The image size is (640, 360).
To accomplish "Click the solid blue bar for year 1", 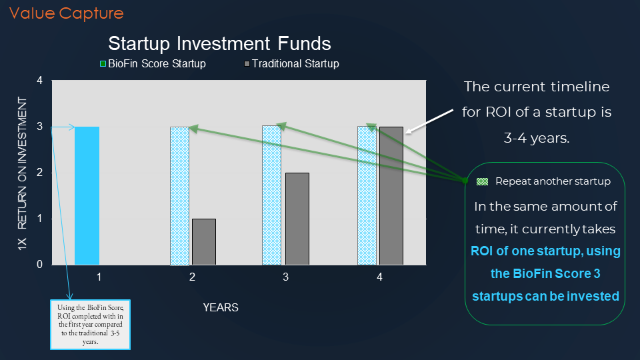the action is coord(87,195).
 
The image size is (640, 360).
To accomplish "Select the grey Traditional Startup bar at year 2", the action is coord(204,241).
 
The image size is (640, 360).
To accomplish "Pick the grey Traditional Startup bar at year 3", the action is coord(297,219).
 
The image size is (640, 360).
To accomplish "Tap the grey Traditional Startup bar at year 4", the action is coord(391,195).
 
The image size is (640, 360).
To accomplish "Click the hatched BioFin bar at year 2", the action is coord(179,196).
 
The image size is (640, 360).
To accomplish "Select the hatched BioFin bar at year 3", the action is coord(271,195).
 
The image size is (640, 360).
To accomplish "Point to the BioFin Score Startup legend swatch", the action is coord(103,64).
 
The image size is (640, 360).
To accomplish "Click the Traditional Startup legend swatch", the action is coord(247,64).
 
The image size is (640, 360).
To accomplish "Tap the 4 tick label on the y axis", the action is coord(39,80).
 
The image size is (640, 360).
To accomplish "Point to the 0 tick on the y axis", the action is coord(39,264).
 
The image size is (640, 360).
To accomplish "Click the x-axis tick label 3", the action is coord(286,277).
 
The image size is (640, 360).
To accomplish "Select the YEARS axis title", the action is coord(221,307).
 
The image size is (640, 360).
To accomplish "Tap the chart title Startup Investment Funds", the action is coord(219,43).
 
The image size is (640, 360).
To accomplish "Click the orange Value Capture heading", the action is coord(67,13).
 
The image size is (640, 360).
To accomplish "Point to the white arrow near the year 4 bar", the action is coord(429,121).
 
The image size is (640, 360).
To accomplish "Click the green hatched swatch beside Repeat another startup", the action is coord(483,181).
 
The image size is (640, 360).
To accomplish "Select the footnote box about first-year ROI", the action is coord(90,325).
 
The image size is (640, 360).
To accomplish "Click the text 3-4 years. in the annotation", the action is coord(537,138).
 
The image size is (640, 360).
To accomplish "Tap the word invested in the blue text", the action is coord(597,296).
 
